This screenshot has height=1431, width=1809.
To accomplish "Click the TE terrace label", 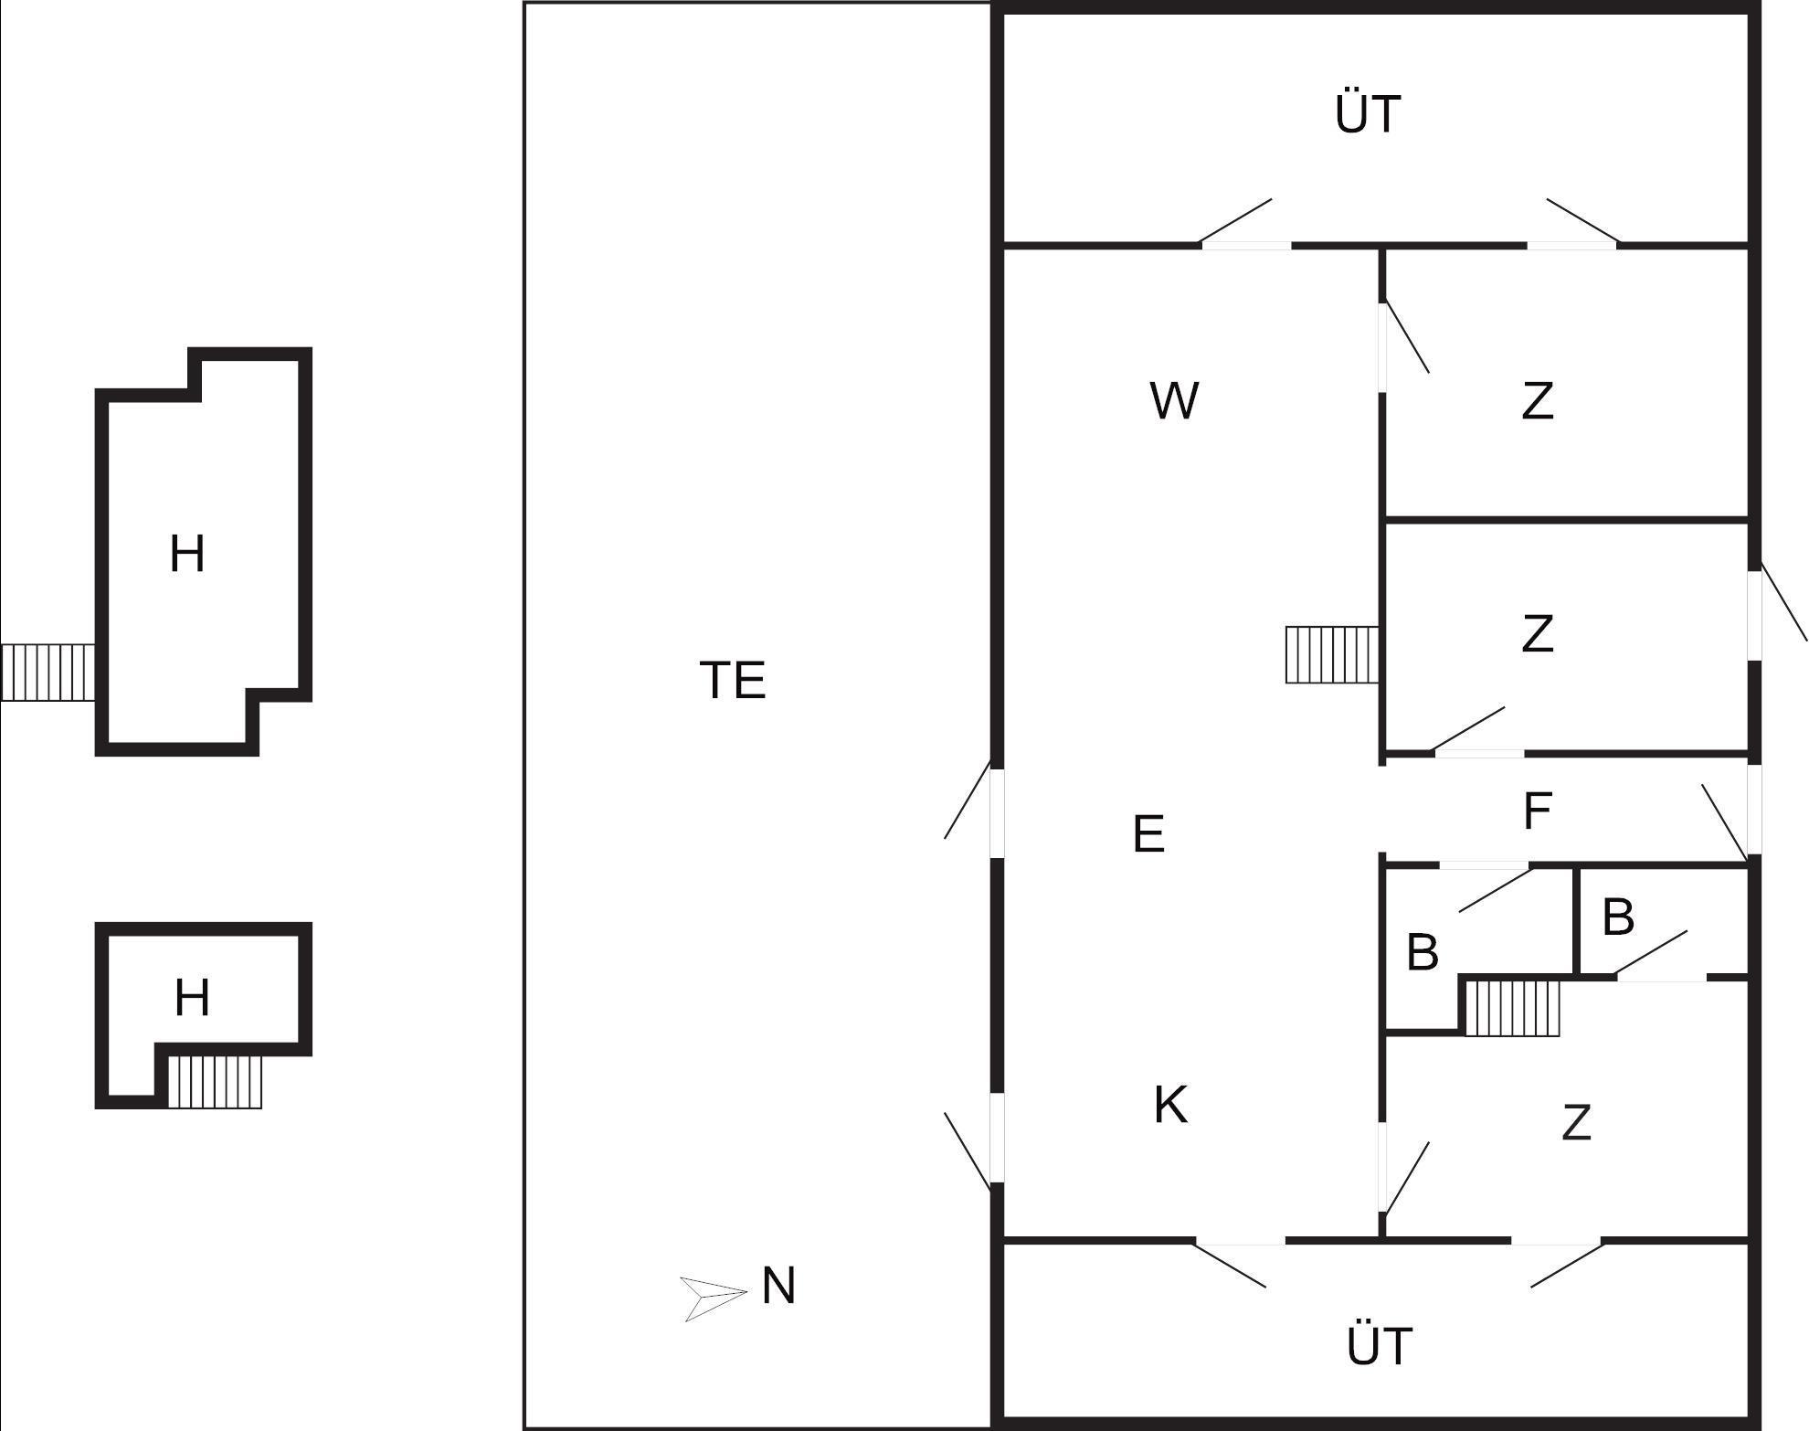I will point(733,681).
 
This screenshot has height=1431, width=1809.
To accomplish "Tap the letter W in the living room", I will point(1174,401).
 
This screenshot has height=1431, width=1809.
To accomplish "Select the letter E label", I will point(1148,834).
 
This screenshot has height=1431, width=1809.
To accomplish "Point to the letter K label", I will point(1170,1105).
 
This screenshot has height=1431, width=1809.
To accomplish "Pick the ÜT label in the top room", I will point(1368,115).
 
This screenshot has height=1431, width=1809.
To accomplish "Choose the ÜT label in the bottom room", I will point(1380,1347).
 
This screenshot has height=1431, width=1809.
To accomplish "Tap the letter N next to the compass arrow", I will point(778,1287).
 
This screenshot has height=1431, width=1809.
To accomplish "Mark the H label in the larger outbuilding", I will point(187,555).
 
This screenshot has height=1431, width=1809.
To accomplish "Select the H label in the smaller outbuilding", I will point(192,998).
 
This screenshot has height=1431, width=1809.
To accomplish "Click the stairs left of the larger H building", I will point(48,673).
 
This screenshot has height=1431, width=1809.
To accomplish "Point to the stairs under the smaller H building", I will point(216,1082).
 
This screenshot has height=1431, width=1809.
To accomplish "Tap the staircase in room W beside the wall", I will point(1331,654).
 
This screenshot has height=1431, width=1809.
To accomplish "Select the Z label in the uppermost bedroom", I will point(1538,401).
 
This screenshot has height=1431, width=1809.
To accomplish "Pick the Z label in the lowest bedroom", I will point(1577,1123).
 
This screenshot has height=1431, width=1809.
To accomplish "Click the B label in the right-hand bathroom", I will point(1618,917).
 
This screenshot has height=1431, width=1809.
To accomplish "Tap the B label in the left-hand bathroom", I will point(1423,952).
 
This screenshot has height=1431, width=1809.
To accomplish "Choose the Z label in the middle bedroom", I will point(1538,634).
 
